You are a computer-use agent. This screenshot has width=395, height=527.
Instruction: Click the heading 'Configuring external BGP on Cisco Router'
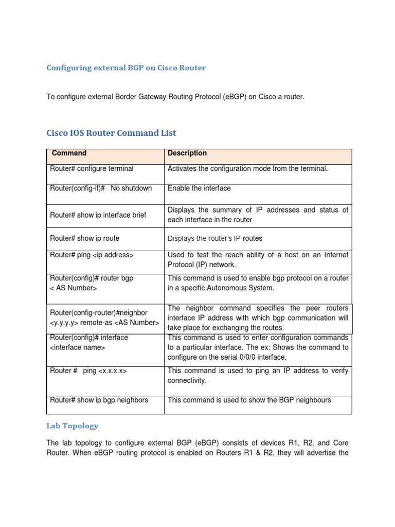(x=126, y=68)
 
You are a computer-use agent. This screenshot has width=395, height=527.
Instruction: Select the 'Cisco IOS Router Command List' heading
(x=112, y=133)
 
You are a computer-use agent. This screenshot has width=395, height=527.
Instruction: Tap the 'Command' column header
(x=69, y=153)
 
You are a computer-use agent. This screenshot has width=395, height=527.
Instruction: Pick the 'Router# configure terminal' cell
(x=92, y=169)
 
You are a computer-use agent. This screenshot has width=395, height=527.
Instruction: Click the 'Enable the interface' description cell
(x=199, y=188)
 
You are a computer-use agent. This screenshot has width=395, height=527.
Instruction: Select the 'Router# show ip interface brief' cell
(x=98, y=215)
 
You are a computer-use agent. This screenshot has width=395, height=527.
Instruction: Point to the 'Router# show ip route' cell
(x=84, y=238)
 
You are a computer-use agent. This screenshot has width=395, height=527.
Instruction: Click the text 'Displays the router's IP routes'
(x=215, y=238)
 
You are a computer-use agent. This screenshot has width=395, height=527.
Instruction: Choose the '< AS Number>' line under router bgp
(x=73, y=288)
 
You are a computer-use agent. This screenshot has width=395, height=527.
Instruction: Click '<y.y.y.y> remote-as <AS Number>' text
(x=104, y=323)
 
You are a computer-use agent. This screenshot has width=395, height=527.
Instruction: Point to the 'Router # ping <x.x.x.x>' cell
(x=88, y=371)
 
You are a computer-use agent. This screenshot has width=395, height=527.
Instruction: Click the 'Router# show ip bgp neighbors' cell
(x=99, y=400)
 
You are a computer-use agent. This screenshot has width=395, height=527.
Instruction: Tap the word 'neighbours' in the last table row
(x=312, y=400)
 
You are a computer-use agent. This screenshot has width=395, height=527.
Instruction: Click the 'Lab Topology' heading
(x=73, y=426)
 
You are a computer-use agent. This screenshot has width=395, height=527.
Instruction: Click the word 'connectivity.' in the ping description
(x=187, y=381)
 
